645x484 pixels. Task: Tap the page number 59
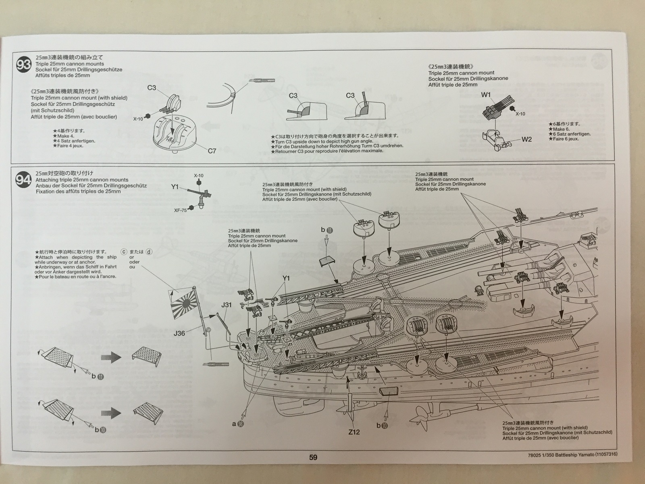313,457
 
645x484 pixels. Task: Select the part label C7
212,151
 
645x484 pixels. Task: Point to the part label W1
486,95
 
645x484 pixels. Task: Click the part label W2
527,139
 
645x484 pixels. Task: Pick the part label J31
226,305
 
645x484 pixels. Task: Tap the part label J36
179,333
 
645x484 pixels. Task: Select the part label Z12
354,432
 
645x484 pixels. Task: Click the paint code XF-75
180,210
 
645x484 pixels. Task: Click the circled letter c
124,252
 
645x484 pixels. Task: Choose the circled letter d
150,252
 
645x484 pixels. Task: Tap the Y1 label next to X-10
174,186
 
